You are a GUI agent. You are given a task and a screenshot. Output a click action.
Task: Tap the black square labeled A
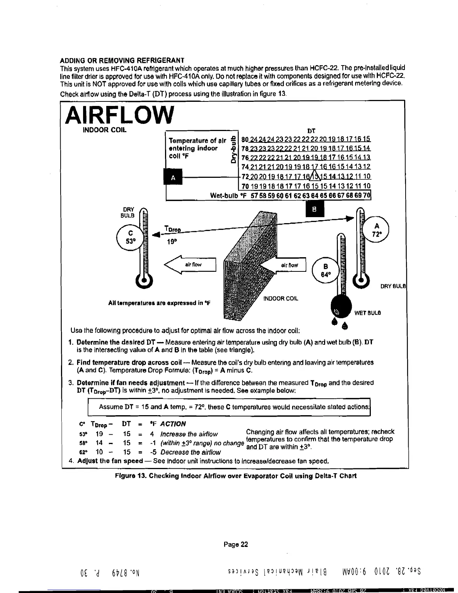(x=173, y=178)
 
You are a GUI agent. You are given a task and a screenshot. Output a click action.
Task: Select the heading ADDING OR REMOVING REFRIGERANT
(x=122, y=61)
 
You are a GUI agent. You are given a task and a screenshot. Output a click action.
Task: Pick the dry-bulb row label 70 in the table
(x=245, y=186)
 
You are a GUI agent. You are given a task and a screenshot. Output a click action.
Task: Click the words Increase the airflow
(x=189, y=434)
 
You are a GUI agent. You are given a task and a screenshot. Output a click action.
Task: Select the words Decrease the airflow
(x=190, y=452)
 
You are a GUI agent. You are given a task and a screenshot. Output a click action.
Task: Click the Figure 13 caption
(x=236, y=476)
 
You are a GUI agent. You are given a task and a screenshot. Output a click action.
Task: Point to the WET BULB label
(x=367, y=313)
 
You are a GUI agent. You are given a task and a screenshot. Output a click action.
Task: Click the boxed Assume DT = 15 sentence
(x=234, y=407)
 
